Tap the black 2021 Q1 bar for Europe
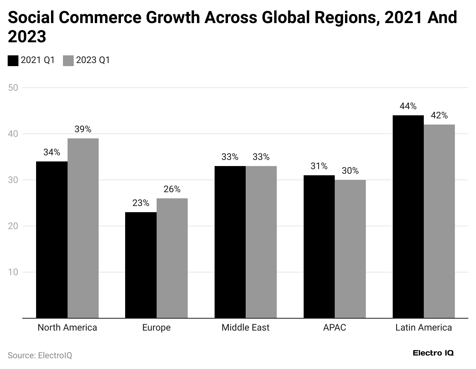click(141, 265)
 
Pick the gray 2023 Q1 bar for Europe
click(172, 258)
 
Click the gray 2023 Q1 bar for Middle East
click(261, 242)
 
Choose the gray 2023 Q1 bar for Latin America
click(439, 221)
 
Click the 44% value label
click(408, 106)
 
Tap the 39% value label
click(83, 129)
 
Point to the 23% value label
click(141, 203)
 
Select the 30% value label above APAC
click(350, 171)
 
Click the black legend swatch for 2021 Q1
click(13, 61)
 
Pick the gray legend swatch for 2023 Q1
click(68, 61)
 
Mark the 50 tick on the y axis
click(13, 88)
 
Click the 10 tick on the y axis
click(13, 272)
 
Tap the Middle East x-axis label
click(245, 327)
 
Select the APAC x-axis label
click(334, 327)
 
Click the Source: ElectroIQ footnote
click(40, 356)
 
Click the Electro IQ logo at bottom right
click(433, 353)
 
